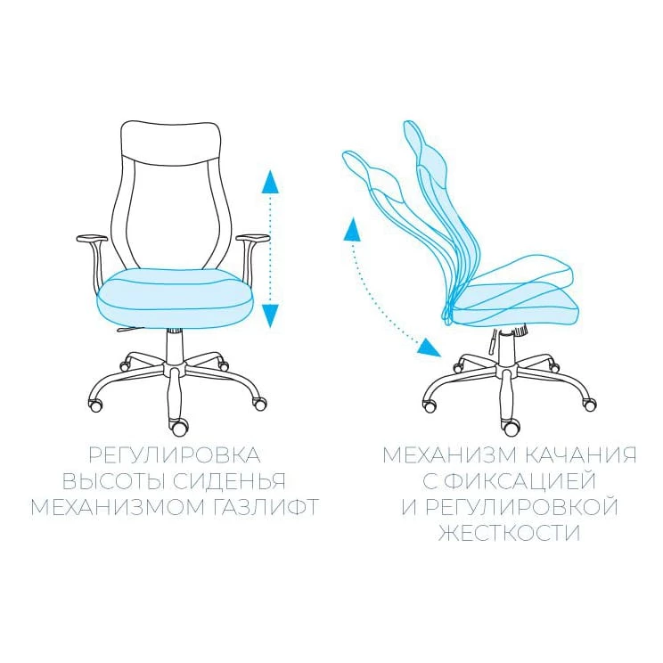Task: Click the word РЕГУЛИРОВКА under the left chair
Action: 174,455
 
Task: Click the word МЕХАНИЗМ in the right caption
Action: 449,455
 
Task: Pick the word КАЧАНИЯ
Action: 581,455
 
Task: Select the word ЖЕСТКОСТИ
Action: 509,533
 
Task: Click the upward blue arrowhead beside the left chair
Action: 270,182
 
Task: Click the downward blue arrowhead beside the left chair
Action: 270,315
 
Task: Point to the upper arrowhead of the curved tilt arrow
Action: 352,229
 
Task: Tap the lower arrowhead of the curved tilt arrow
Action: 429,348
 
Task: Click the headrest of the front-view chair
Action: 171,142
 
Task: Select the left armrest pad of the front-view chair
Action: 92,239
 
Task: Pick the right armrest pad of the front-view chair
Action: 252,239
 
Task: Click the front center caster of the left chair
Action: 178,427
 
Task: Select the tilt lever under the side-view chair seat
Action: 493,341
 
